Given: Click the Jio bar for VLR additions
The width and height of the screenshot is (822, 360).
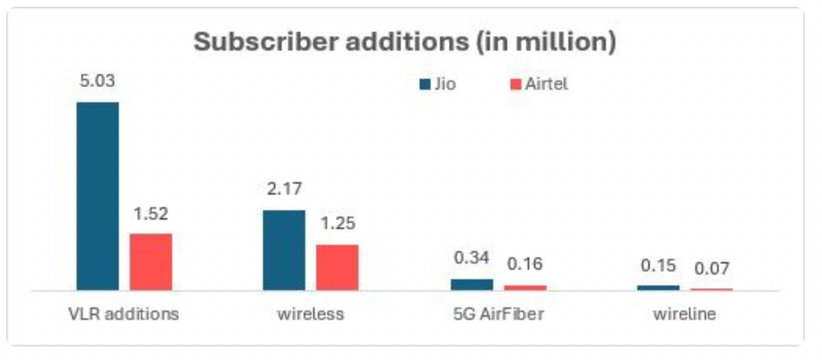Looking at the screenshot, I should [97, 196].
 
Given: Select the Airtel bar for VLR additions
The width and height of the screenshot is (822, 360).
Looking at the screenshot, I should [151, 261].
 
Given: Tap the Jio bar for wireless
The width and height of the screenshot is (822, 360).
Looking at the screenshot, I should [284, 250].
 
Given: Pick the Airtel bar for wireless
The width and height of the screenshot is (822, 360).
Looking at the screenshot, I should [337, 267].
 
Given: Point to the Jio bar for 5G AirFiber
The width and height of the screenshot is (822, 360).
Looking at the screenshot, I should [472, 285].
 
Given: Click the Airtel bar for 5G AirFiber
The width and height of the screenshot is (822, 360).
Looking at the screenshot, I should [525, 287].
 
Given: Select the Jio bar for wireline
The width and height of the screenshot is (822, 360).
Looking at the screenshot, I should [658, 287].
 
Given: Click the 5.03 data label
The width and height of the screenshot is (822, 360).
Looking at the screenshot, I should [97, 81].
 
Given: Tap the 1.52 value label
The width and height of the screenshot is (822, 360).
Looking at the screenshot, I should [151, 214].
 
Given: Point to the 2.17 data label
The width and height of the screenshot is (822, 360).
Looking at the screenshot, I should [284, 189].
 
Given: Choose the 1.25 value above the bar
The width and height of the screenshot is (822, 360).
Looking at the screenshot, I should [337, 223].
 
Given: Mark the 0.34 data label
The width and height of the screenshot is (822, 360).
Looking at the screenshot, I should [472, 258].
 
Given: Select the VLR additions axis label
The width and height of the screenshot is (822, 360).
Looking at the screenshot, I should [124, 314].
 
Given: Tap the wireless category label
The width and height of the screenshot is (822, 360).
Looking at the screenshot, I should [311, 314].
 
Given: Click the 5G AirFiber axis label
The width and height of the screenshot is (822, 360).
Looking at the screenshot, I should [499, 314].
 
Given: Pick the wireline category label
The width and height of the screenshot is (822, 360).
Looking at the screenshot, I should [684, 314].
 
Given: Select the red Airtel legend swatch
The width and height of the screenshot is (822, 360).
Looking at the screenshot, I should [515, 84].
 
